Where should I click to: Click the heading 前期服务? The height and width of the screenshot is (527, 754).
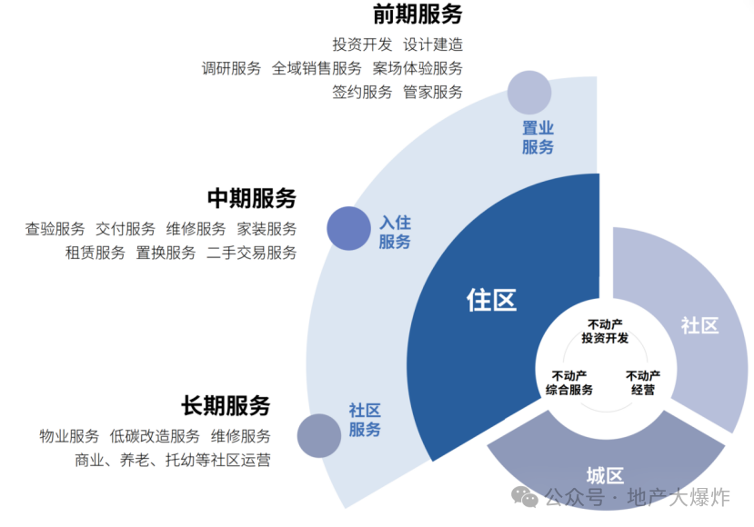417,14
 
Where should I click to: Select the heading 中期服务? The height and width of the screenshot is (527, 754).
252,198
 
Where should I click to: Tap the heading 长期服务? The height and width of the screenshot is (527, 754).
226,405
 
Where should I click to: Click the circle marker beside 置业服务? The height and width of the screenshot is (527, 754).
529,93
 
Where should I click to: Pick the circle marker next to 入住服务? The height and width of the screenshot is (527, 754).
348,228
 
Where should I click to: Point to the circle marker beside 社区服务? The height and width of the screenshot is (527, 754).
319,436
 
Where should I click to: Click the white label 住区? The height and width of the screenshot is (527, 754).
491,300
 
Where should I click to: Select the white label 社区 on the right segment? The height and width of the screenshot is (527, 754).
699,325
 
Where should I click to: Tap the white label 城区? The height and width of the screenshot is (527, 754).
605,476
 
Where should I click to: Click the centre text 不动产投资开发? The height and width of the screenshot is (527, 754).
605,332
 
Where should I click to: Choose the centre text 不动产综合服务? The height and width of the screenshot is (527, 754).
568,383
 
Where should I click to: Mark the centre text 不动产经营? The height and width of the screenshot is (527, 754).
643,383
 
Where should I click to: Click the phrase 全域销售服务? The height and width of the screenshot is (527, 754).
317,68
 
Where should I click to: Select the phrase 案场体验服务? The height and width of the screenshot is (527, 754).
417,68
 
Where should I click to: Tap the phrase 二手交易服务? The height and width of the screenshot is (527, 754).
252,253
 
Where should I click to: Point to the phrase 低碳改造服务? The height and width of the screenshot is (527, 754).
155,436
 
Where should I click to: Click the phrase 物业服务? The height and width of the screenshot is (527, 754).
69,436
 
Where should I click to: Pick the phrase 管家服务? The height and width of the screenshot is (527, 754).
433,92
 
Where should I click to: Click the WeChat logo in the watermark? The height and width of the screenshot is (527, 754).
525,496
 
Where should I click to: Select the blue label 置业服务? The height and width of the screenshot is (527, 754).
538,137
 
